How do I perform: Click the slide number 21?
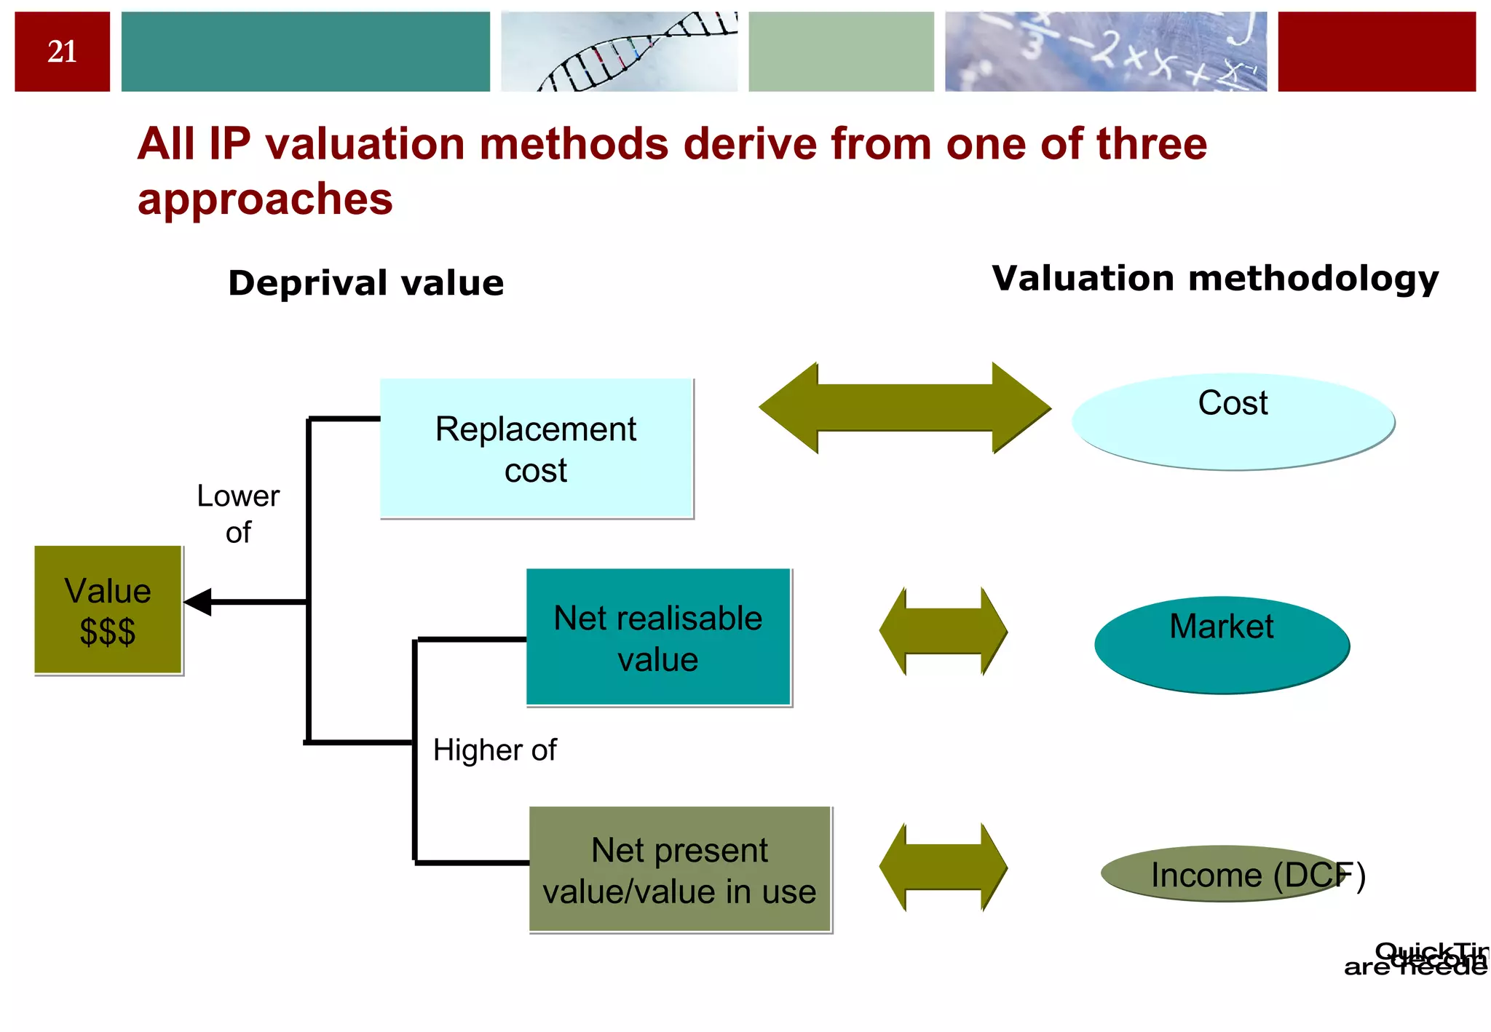pos(62,52)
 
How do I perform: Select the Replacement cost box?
pos(536,448)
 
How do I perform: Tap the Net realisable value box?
pos(658,638)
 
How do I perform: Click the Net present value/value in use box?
pos(679,869)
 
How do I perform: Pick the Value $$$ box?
pos(108,610)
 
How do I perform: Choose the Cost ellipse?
pos(1233,422)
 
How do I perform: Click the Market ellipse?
pos(1222,645)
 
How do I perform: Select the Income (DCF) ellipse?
pos(1223,873)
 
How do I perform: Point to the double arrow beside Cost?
pos(904,408)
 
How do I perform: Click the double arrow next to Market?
pos(943,631)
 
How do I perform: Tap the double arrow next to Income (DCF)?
pos(943,867)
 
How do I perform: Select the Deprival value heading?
pos(365,283)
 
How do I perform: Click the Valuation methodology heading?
pos(1215,279)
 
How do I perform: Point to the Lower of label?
pos(238,514)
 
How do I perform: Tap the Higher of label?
pos(494,750)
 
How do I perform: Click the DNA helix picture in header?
pos(619,52)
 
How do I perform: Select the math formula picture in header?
pos(1105,52)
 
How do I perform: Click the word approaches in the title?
pos(265,199)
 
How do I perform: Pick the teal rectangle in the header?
pos(305,52)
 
